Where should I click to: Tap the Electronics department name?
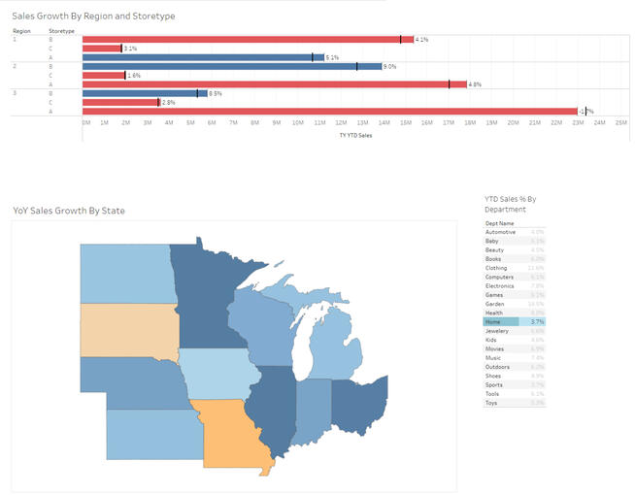tap(501, 286)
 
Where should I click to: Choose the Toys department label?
tap(492, 402)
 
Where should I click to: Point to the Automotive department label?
tap(501, 233)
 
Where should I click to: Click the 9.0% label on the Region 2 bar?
tap(389, 66)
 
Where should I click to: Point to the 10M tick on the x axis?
tap(298, 123)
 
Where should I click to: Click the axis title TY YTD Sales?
tap(355, 136)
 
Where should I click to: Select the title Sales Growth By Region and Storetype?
tap(93, 16)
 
